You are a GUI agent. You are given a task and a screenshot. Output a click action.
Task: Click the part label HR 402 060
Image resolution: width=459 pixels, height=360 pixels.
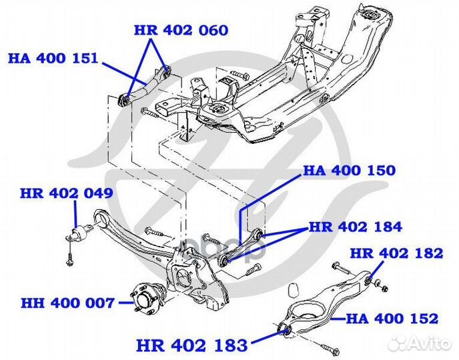pyautogui.click(x=181, y=31)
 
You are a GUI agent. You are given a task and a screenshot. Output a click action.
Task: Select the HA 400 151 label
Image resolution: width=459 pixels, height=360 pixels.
pyautogui.click(x=53, y=58)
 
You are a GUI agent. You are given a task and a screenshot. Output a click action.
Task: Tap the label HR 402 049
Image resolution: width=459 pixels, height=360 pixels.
pyautogui.click(x=66, y=194)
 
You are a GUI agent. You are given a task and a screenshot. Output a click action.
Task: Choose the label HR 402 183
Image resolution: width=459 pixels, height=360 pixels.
pyautogui.click(x=191, y=345)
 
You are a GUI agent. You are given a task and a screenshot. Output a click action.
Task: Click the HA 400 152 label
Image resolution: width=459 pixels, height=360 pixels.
pyautogui.click(x=392, y=319)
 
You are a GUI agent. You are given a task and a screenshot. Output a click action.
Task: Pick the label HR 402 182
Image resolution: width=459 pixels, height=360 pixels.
pyautogui.click(x=396, y=253)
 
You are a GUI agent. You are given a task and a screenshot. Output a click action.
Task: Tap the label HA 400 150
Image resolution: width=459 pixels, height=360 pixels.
pyautogui.click(x=350, y=170)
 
